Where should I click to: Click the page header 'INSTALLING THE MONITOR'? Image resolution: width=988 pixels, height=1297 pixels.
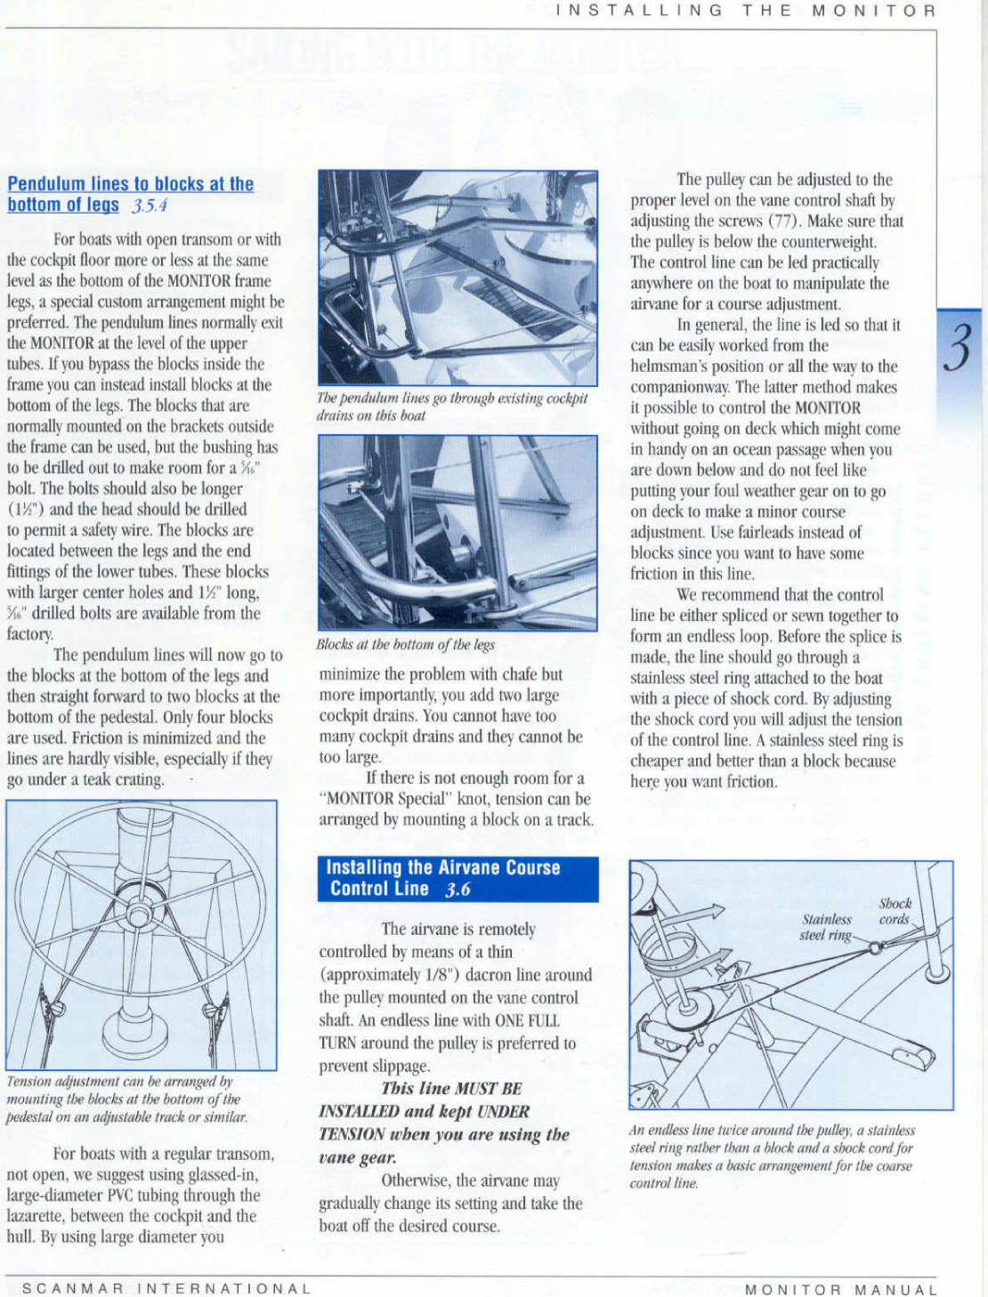pyautogui.click(x=745, y=11)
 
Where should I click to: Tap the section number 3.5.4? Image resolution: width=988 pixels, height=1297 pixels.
pyautogui.click(x=150, y=205)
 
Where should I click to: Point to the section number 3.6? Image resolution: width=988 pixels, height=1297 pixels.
pyautogui.click(x=458, y=889)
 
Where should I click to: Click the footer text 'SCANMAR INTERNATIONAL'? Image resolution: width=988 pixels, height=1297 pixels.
pyautogui.click(x=166, y=1288)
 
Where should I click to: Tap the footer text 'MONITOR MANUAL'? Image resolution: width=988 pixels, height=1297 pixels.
pyautogui.click(x=840, y=1289)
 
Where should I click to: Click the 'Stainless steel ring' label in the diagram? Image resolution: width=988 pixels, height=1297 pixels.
pyautogui.click(x=826, y=927)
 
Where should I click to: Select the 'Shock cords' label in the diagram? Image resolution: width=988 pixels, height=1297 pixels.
pyautogui.click(x=895, y=911)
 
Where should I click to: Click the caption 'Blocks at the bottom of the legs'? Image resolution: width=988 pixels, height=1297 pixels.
pyautogui.click(x=405, y=644)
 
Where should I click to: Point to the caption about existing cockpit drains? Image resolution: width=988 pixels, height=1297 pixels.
pyautogui.click(x=452, y=407)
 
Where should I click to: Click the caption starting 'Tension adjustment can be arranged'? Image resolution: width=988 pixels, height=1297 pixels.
pyautogui.click(x=126, y=1099)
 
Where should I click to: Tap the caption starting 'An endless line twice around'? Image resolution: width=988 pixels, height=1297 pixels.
pyautogui.click(x=771, y=1156)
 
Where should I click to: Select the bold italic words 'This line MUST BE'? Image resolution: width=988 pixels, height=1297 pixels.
pyautogui.click(x=451, y=1088)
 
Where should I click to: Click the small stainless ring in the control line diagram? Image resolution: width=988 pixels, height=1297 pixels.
pyautogui.click(x=875, y=947)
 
